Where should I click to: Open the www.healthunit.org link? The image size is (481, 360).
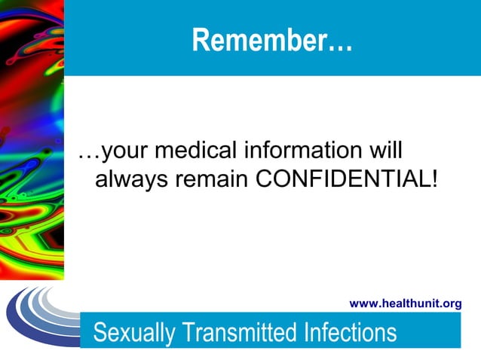pyautogui.click(x=406, y=304)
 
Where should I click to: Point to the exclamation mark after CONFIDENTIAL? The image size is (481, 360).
pyautogui.click(x=434, y=181)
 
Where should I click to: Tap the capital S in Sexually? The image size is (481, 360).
pyautogui.click(x=100, y=331)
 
